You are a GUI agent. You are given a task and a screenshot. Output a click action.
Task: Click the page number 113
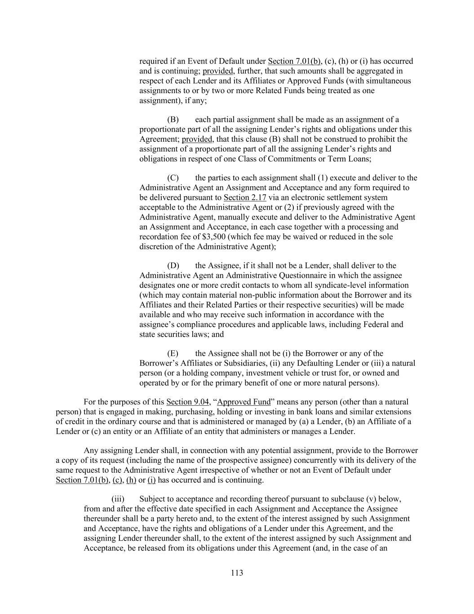(x=237, y=573)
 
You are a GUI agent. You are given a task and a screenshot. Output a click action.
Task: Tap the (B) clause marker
(x=173, y=120)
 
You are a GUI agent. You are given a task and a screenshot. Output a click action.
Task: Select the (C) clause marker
(x=173, y=178)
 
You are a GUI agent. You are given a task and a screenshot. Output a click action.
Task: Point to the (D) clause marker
(x=173, y=266)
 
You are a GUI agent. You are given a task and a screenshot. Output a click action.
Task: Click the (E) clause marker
(x=173, y=354)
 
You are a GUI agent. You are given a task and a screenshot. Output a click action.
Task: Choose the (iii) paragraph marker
(x=118, y=499)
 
